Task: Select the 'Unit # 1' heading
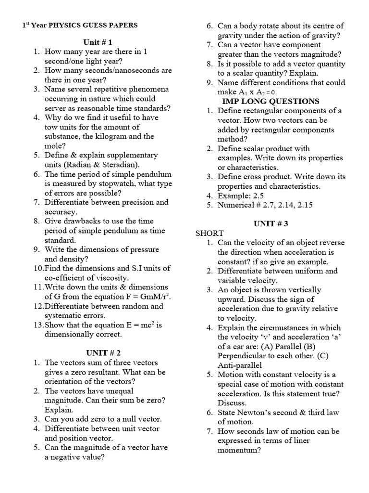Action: point(98,42)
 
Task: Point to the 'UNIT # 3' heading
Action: point(271,223)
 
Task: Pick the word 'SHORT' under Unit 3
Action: point(209,233)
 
